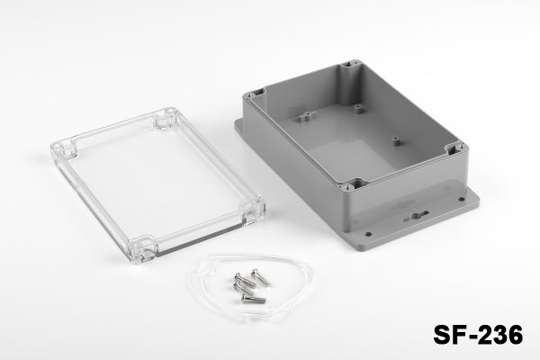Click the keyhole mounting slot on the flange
click(416, 216)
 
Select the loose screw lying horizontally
click(254, 299)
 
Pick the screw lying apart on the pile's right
click(261, 278)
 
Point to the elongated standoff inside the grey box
click(306, 118)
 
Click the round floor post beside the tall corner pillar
click(358, 109)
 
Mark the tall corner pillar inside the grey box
click(349, 80)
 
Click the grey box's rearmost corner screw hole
click(354, 63)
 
